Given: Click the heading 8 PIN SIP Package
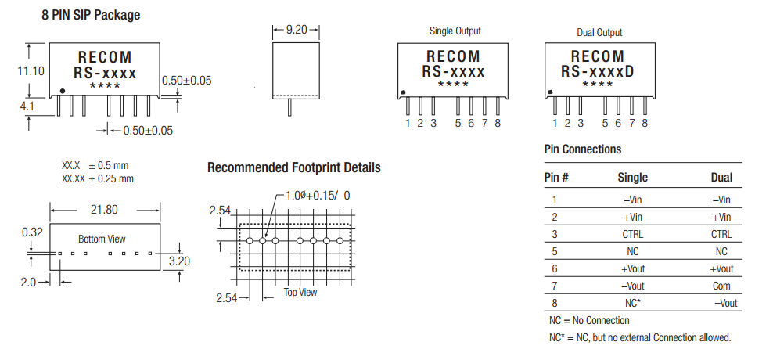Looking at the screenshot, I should click(91, 15).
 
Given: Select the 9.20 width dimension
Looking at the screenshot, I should click(297, 30).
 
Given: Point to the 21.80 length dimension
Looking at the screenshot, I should click(104, 210).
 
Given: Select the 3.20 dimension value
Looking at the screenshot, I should click(179, 261).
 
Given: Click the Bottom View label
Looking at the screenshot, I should click(102, 239).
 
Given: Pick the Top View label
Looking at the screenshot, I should click(300, 292).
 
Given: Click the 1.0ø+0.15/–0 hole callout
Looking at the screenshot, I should click(317, 195).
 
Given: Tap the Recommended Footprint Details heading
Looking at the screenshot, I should click(294, 167).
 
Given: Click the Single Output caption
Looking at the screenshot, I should click(455, 31).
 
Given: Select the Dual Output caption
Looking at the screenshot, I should click(599, 32).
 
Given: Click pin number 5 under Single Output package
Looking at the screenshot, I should click(458, 123).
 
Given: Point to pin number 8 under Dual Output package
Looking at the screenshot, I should click(645, 123).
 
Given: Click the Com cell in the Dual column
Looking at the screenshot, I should click(721, 286).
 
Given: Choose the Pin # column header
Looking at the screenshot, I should click(556, 178).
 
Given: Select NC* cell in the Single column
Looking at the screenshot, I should click(632, 302).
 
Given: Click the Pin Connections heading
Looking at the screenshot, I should click(582, 149).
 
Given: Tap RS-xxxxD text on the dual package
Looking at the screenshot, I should click(598, 72).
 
